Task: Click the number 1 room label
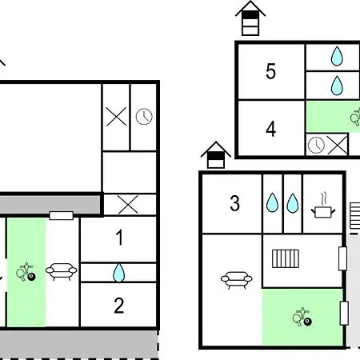click(120, 238)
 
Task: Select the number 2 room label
click(119, 306)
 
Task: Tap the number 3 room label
click(234, 203)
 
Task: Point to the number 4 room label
click(271, 129)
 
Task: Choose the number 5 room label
click(270, 71)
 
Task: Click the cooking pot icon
click(323, 209)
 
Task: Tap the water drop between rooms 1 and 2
click(118, 273)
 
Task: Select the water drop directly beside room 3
click(272, 202)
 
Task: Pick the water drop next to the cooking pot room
click(293, 203)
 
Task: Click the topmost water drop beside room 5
click(337, 56)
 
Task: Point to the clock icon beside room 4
click(316, 146)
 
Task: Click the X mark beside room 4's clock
click(338, 145)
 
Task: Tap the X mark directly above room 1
click(128, 205)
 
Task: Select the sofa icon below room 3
click(237, 279)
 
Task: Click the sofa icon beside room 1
click(62, 271)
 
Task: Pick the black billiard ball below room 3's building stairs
click(307, 322)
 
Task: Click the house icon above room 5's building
click(250, 18)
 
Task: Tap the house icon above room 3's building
click(216, 154)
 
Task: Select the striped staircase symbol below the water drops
click(286, 258)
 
